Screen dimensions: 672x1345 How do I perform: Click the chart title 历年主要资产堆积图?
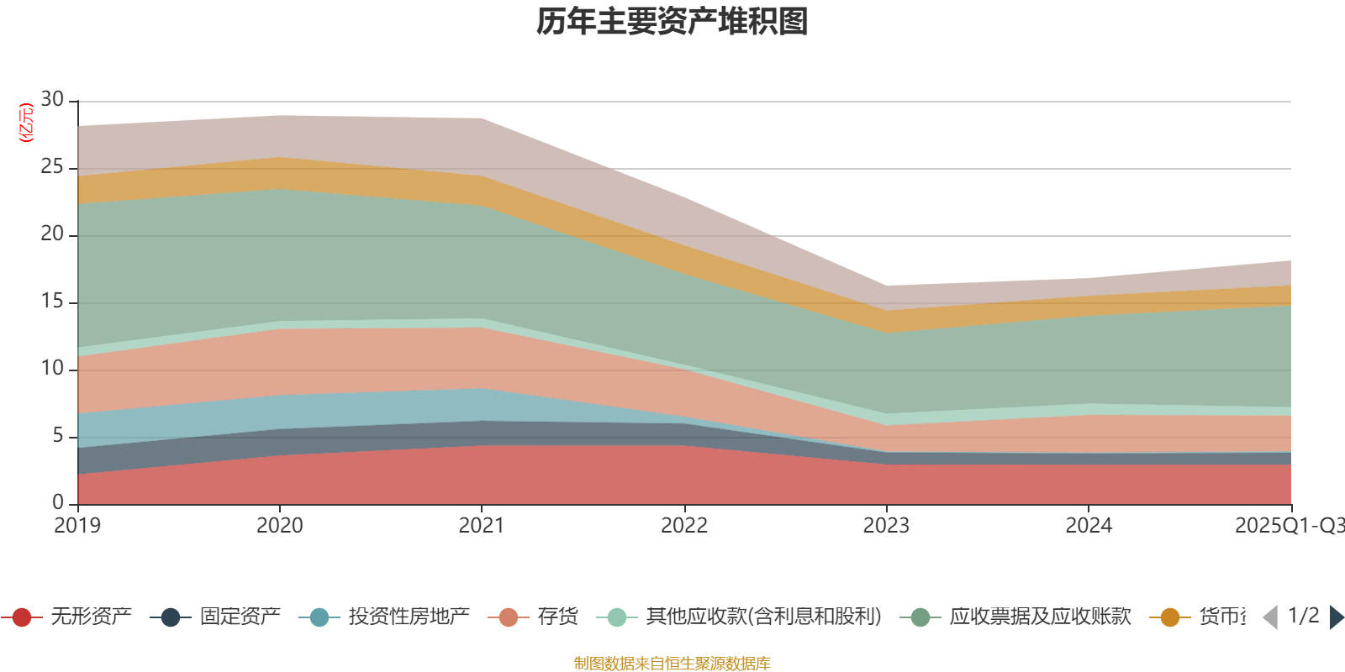pos(672,22)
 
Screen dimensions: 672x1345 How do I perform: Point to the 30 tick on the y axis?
pos(52,99)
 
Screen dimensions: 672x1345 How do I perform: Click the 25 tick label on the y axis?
pos(52,166)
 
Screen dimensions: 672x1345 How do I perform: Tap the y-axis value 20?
pos(52,234)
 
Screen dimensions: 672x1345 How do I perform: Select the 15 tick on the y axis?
pos(52,301)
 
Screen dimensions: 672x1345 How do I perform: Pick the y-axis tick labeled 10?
pos(52,368)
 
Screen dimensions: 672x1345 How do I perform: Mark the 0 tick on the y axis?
pos(58,502)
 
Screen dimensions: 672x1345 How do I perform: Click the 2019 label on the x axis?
pos(77,526)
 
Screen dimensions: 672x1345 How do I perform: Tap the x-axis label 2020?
pos(279,526)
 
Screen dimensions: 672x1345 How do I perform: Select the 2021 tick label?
pos(481,526)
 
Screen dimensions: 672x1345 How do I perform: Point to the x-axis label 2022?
pos(683,526)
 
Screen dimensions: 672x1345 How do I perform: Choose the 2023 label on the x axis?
pos(886,526)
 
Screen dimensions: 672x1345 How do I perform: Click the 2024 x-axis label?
pos(1089,526)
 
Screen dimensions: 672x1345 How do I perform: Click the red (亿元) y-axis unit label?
pos(26,123)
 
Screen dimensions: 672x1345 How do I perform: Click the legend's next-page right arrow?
pos(1337,617)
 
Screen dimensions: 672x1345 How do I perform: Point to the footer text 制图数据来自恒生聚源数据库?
pos(672,664)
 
